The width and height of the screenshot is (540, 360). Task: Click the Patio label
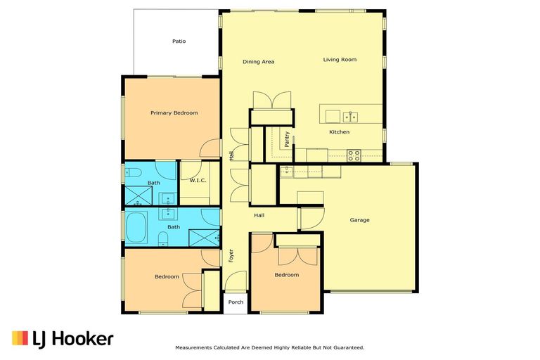point(179,41)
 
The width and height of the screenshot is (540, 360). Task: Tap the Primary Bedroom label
point(174,112)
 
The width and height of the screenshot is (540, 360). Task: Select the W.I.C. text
point(197,181)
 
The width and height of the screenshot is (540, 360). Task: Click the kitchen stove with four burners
point(354,155)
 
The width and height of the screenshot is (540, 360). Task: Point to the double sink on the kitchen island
point(350,116)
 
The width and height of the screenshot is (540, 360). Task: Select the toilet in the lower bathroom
point(162,238)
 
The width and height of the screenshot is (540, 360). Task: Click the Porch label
point(236,302)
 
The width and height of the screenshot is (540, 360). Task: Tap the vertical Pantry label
point(287,139)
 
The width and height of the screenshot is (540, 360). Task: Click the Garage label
point(359,220)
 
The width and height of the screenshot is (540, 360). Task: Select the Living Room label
point(340,60)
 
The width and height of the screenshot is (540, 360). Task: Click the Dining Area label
point(258,62)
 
